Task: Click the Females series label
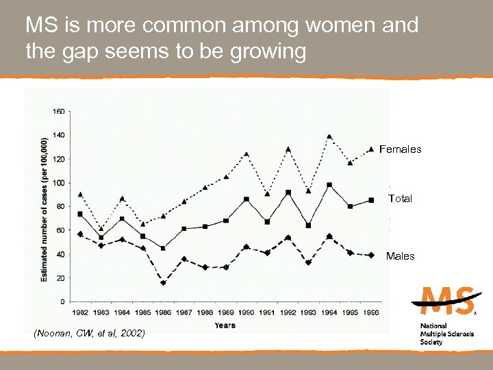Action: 401,149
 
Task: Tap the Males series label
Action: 400,256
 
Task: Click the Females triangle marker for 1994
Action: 329,136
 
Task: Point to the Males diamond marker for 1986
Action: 163,282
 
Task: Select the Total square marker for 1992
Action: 288,193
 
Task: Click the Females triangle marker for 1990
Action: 246,154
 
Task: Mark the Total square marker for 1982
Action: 80,214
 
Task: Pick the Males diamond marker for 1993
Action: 309,262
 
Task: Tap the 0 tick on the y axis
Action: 63,301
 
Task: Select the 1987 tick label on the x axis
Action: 184,312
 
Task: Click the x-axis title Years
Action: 225,325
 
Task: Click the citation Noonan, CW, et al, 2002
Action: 89,334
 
